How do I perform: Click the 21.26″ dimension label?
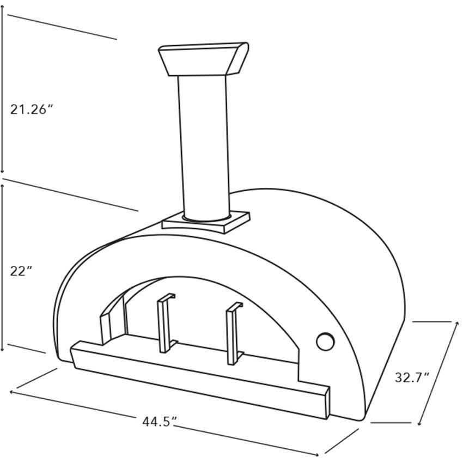pyautogui.click(x=32, y=109)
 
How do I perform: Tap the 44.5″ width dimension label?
pyautogui.click(x=160, y=421)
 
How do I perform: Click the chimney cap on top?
pyautogui.click(x=203, y=59)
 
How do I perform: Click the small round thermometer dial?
pyautogui.click(x=326, y=342)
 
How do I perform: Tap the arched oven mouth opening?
pyautogui.click(x=207, y=310)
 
